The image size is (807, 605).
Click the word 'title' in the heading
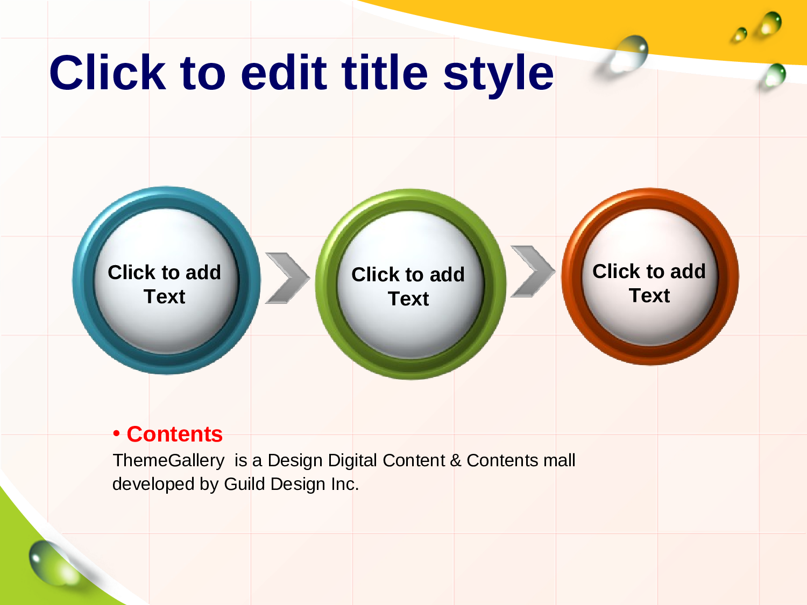[385, 72]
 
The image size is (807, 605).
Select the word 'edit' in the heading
[284, 72]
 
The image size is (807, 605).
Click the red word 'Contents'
[175, 434]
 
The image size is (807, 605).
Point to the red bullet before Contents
[117, 434]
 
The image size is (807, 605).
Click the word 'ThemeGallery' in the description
[168, 461]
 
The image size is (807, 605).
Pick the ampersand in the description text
[456, 460]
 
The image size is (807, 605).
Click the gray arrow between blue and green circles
[287, 278]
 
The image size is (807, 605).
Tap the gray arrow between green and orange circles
[533, 271]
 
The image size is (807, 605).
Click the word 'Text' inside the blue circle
[164, 296]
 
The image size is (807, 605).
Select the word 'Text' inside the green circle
[408, 298]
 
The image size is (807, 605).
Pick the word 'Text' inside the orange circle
[649, 295]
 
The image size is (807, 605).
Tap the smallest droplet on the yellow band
[740, 34]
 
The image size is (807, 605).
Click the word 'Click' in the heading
[108, 72]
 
